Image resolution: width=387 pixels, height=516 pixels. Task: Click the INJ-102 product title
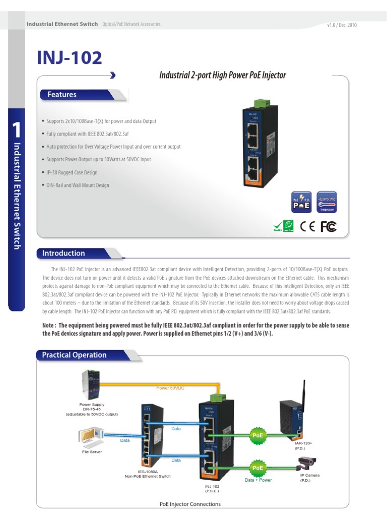pyautogui.click(x=70, y=57)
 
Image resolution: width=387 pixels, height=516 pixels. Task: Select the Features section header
pyautogui.click(x=62, y=95)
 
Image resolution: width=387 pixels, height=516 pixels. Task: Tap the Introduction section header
pyautogui.click(x=63, y=253)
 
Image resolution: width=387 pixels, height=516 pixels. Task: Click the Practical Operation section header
pyautogui.click(x=74, y=355)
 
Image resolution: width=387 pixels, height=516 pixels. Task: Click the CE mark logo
pyautogui.click(x=308, y=227)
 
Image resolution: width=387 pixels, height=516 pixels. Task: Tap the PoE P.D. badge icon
pyautogui.click(x=301, y=203)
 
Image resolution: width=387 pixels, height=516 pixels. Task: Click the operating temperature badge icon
pyautogui.click(x=327, y=203)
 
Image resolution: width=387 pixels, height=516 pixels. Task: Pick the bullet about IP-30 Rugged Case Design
pyautogui.click(x=72, y=172)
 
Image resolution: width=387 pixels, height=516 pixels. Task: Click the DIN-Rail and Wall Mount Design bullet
pyautogui.click(x=77, y=185)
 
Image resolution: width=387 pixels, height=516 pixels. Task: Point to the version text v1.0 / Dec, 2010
pyautogui.click(x=342, y=25)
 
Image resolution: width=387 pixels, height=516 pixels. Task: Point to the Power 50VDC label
pyautogui.click(x=171, y=388)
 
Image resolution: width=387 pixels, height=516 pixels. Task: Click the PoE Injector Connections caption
pyautogui.click(x=190, y=504)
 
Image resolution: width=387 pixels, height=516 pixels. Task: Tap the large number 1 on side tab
pyautogui.click(x=16, y=130)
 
